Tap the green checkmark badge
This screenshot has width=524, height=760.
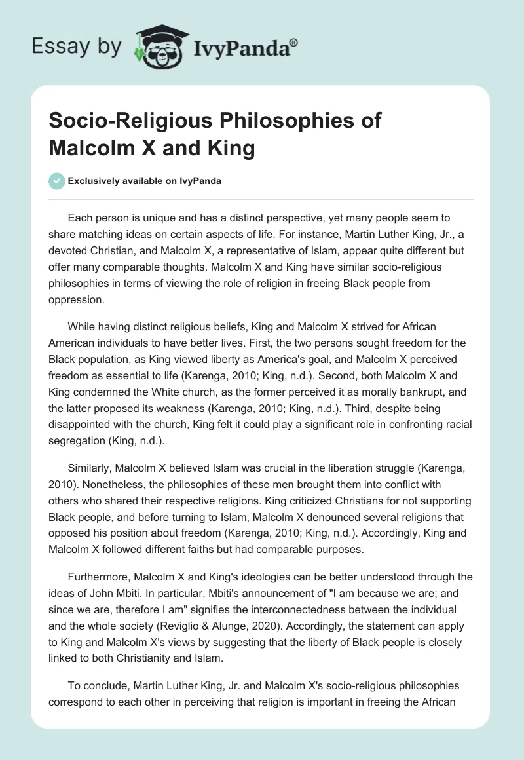[x=57, y=181]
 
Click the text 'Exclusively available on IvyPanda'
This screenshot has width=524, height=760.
[x=145, y=181]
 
